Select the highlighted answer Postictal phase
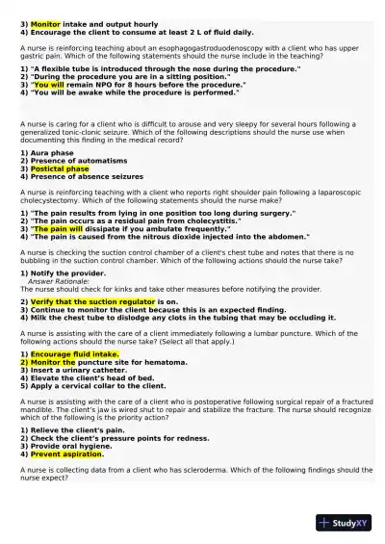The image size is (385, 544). pos(60,168)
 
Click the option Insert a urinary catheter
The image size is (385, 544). pos(74,370)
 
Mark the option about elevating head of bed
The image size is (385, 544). pos(87,377)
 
